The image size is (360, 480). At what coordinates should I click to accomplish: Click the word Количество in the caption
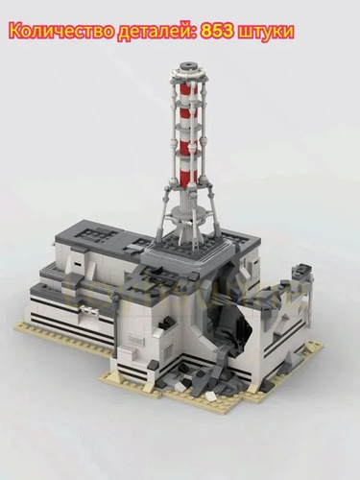click(x=61, y=32)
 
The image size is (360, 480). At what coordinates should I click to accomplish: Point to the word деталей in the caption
click(x=158, y=33)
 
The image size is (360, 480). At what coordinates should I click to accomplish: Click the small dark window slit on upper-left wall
click(x=77, y=265)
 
